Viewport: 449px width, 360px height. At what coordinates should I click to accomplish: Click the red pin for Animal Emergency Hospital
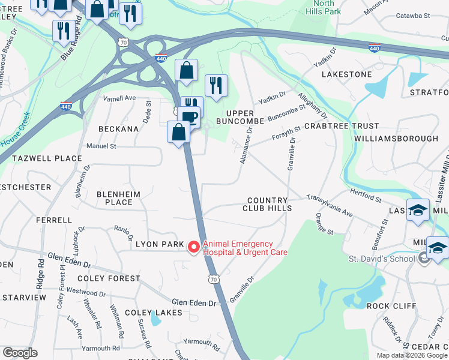(x=194, y=247)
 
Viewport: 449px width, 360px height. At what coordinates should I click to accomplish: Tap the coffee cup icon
(x=190, y=116)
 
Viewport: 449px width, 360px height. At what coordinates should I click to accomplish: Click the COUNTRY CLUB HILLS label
(x=267, y=204)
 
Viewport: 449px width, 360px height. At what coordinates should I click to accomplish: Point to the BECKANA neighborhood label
(x=119, y=129)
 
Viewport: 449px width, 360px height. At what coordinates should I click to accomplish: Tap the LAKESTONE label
(x=347, y=74)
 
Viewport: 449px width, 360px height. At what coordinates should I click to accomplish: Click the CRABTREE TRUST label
(x=342, y=126)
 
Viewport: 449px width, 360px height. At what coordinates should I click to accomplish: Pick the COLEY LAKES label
(x=150, y=313)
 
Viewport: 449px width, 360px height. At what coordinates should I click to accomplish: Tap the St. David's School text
(x=382, y=259)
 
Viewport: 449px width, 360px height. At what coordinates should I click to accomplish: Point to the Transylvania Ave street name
(x=330, y=205)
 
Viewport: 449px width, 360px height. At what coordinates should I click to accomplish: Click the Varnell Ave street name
(x=119, y=98)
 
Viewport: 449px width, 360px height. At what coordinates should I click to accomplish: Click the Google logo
(x=20, y=352)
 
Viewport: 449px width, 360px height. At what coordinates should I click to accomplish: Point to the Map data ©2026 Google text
(x=411, y=355)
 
